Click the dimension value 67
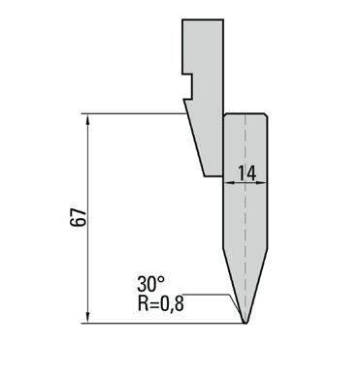79,218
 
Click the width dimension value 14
246,172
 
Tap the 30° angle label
150,284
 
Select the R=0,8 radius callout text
161,303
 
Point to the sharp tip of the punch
245,323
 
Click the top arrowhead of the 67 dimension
88,118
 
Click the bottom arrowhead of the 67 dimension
88,318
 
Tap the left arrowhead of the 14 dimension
229,183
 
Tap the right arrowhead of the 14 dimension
262,183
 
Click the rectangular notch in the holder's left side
187,86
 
